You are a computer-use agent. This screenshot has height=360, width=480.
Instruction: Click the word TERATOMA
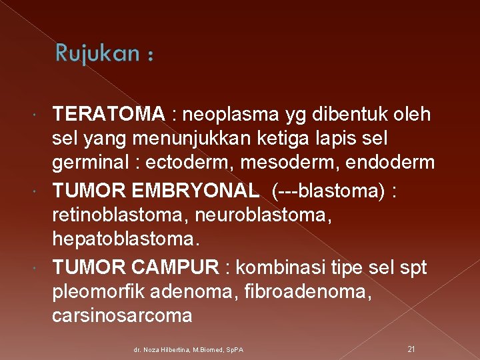pos(108,115)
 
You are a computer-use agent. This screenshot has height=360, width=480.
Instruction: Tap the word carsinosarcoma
pos(122,315)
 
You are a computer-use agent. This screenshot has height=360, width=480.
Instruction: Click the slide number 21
pos(411,349)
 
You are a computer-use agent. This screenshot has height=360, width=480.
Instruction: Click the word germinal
pos(94,162)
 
